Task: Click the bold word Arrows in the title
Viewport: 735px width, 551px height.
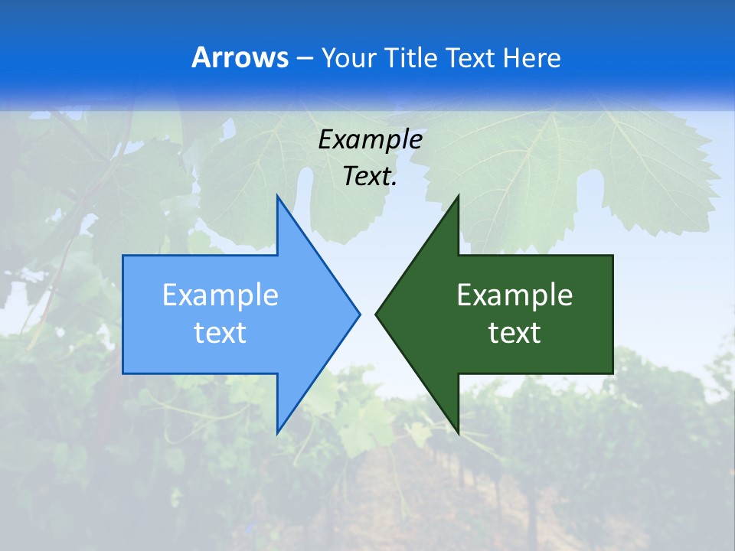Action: [x=239, y=57]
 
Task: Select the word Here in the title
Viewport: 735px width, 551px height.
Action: [x=532, y=57]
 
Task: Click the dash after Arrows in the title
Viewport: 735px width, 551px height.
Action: [x=303, y=58]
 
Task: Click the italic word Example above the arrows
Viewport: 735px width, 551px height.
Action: [x=370, y=139]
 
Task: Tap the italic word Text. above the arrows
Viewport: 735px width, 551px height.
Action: [x=370, y=177]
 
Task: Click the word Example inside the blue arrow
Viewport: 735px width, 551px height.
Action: [x=220, y=295]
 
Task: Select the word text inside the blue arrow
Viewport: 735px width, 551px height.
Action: [x=220, y=333]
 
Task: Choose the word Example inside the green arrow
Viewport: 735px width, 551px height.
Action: [x=514, y=295]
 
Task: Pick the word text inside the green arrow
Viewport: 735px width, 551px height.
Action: [x=514, y=333]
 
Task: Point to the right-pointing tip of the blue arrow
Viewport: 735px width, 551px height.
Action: [x=359, y=314]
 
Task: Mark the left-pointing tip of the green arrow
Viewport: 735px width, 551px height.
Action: [x=376, y=314]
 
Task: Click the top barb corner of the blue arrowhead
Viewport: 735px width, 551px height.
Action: [x=277, y=196]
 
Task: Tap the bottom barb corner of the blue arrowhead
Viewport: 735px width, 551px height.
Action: [x=277, y=432]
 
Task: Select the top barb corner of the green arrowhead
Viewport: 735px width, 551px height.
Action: [x=458, y=196]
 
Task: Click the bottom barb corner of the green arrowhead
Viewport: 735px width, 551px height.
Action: [x=458, y=432]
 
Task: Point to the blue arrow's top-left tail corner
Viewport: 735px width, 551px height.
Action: [x=123, y=256]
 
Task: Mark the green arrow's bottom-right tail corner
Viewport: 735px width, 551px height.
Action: [x=612, y=373]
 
